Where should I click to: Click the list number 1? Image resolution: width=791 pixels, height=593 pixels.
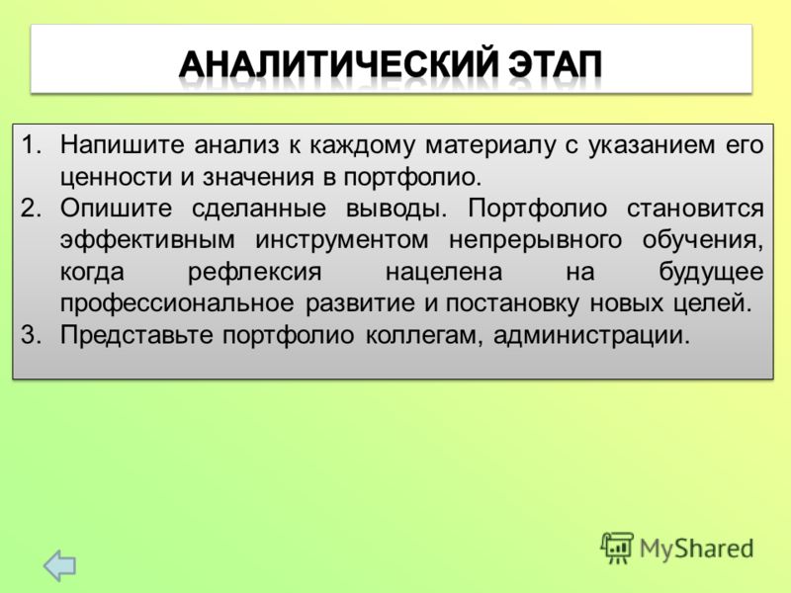pos(32,144)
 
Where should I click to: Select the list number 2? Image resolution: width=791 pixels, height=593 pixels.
pos(32,208)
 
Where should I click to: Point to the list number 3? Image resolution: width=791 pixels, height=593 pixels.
pos(32,335)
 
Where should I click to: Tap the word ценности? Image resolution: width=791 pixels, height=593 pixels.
pos(117,178)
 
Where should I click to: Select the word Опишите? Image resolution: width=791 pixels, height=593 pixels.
pos(116,209)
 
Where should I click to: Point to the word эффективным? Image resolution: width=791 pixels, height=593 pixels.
pos(147,240)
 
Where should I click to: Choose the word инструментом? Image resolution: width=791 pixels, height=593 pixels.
pos(342,241)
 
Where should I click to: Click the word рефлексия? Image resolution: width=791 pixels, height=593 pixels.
pos(255,273)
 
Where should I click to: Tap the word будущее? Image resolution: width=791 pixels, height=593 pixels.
pos(711,273)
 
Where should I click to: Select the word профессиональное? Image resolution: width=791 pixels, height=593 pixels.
pos(177,304)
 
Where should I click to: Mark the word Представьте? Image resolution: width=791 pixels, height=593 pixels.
pos(136,335)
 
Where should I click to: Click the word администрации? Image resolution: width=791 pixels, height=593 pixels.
pos(591,335)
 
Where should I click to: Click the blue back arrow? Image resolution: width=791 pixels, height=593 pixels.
pos(59,565)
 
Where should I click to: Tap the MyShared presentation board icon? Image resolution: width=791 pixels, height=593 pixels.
pos(616,548)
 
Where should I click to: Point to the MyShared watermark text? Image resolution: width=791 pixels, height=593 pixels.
pos(696,549)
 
